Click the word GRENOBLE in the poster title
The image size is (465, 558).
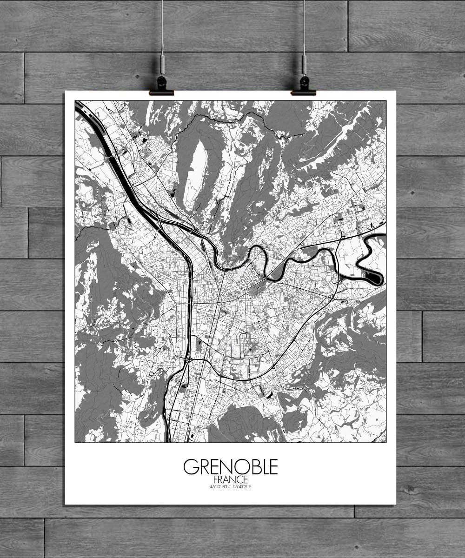[x=231, y=466]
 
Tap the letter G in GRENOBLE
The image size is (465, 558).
[x=190, y=466]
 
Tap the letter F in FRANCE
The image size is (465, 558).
[x=215, y=479]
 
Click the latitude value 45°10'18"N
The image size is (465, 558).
[x=219, y=487]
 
